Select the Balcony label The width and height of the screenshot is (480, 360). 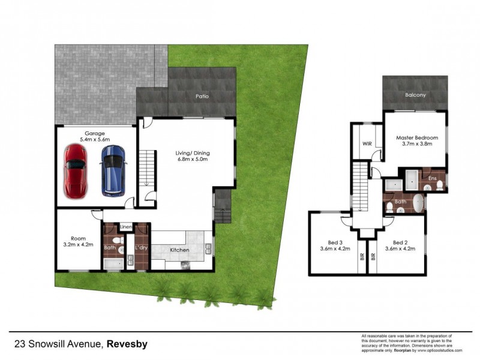coord(415,95)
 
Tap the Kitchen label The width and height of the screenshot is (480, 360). coord(180,250)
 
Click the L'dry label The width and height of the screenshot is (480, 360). coord(141,247)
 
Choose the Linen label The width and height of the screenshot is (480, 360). coord(125,227)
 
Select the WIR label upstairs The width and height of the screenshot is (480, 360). coord(368,144)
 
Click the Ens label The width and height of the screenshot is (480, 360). coord(432,179)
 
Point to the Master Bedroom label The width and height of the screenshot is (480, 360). coord(417,137)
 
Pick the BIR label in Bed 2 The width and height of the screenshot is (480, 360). coord(373,256)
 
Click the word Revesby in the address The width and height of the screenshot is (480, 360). coord(128,344)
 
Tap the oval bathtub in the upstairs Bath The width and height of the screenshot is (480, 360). coord(417,203)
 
